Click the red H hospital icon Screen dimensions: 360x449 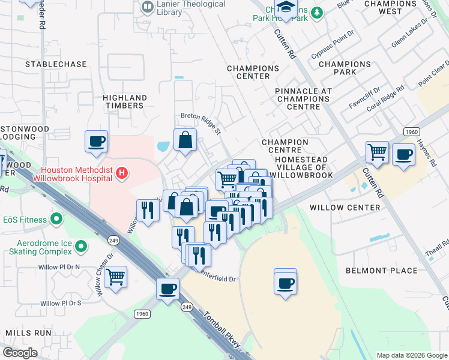[122, 173]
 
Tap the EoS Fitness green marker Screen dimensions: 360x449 [57, 220]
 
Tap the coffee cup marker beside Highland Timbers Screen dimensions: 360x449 [96, 142]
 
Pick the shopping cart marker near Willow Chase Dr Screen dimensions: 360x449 [115, 277]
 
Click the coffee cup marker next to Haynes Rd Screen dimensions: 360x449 [403, 154]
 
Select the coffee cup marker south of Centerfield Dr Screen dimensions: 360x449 [286, 283]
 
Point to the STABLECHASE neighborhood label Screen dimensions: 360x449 [53, 64]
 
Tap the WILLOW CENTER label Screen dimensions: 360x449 [345, 208]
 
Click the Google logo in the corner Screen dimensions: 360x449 [20, 353]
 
